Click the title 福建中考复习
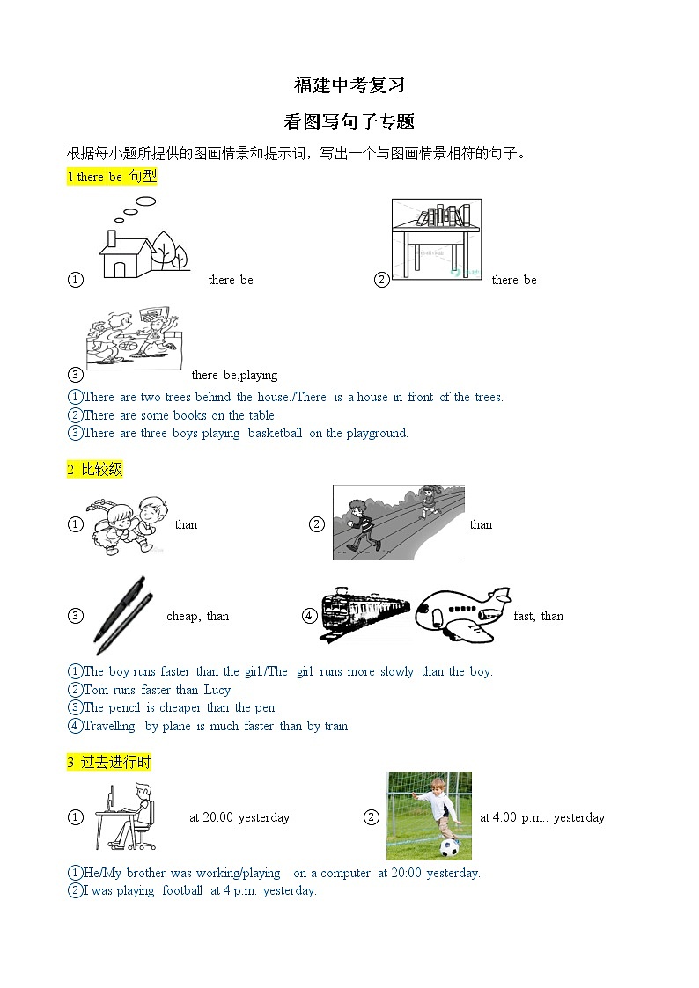pyautogui.click(x=349, y=85)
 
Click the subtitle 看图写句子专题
pyautogui.click(x=349, y=121)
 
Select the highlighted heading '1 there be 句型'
pyautogui.click(x=112, y=177)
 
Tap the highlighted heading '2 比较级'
pyautogui.click(x=95, y=470)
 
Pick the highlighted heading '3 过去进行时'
pyautogui.click(x=109, y=763)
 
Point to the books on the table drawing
pyautogui.click(x=443, y=215)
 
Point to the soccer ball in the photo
pyautogui.click(x=450, y=847)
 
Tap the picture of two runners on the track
pyautogui.click(x=398, y=523)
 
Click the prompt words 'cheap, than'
pyautogui.click(x=197, y=617)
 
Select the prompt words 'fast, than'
pyautogui.click(x=538, y=617)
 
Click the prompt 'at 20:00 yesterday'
pyautogui.click(x=239, y=817)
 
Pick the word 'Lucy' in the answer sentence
pyautogui.click(x=217, y=690)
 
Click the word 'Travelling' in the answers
pyautogui.click(x=109, y=726)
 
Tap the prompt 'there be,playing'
pyautogui.click(x=234, y=376)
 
